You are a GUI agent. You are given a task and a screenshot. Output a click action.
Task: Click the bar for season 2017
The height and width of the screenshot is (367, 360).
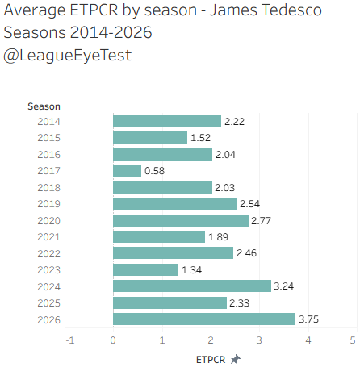coord(127,171)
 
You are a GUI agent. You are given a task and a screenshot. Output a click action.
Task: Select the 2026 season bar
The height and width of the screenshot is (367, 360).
coord(204,319)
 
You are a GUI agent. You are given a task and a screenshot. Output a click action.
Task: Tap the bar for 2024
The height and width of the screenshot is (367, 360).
coord(192,286)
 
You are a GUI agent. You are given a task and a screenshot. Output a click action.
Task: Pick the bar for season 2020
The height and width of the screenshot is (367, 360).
coord(181,220)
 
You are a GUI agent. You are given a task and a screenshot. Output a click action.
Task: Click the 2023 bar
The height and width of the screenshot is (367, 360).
coord(146,269)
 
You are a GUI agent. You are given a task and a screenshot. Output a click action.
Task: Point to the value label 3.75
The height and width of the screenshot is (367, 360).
coord(308,319)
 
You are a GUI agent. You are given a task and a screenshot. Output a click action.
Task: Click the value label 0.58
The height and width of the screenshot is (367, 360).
coord(154,171)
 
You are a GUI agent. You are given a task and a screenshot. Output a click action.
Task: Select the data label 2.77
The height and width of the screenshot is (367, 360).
coord(261,221)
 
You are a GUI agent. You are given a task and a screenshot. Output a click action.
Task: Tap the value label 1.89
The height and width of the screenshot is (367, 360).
coord(218,237)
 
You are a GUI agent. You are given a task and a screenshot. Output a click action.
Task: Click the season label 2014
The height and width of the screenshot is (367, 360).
coord(49,122)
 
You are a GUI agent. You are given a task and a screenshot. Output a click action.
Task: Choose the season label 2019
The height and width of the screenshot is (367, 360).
coord(49,204)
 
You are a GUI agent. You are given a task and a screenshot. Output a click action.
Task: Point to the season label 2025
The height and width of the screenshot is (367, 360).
coord(49,303)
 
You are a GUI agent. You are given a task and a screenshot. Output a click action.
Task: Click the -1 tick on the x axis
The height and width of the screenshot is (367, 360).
coord(70,340)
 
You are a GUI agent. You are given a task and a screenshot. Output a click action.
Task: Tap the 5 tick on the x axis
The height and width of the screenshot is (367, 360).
coord(353,340)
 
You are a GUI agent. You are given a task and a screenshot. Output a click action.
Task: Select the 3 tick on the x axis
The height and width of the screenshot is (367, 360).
coord(259,340)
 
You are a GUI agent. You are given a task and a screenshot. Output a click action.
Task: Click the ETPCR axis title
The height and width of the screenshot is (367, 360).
coord(211,360)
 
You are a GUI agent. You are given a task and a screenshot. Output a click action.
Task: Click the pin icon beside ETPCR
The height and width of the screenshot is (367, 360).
coord(236,359)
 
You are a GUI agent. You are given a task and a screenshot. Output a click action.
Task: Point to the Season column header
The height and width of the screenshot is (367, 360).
coord(44,106)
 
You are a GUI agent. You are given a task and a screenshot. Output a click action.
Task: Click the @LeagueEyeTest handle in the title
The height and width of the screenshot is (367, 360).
coord(67,56)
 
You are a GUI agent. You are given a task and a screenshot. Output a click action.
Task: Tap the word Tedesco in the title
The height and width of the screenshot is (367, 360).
coord(291,10)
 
